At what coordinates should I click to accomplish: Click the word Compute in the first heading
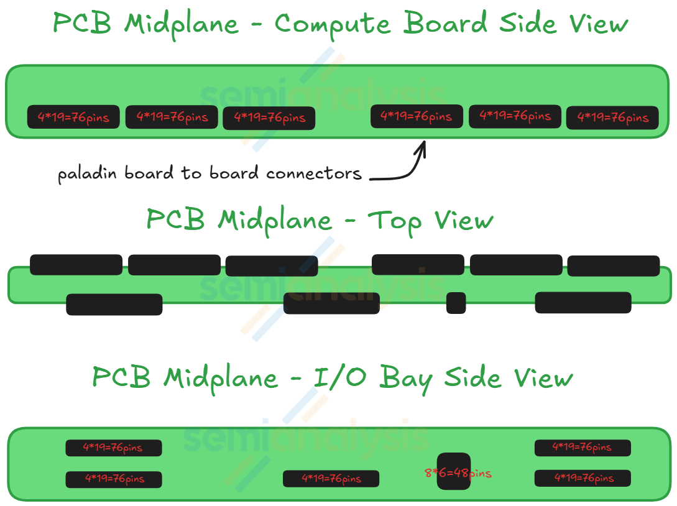click(x=333, y=25)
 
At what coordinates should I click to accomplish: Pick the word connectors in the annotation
click(x=314, y=173)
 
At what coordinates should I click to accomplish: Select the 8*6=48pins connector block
click(x=454, y=472)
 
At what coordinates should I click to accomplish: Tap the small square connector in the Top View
click(x=456, y=303)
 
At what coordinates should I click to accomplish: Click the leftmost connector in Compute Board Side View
click(x=73, y=117)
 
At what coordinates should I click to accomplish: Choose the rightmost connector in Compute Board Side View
click(x=612, y=117)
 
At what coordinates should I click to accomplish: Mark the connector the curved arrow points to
click(x=417, y=116)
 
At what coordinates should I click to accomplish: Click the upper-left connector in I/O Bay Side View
click(x=113, y=448)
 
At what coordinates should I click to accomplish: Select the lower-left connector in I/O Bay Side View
click(x=113, y=479)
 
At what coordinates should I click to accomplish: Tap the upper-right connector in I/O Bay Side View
click(x=583, y=448)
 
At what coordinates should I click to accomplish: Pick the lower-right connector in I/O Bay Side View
click(x=583, y=478)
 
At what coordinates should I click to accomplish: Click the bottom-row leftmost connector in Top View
click(x=114, y=304)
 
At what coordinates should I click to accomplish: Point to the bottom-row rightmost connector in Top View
click(x=583, y=302)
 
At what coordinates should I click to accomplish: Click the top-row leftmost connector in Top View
click(x=76, y=264)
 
